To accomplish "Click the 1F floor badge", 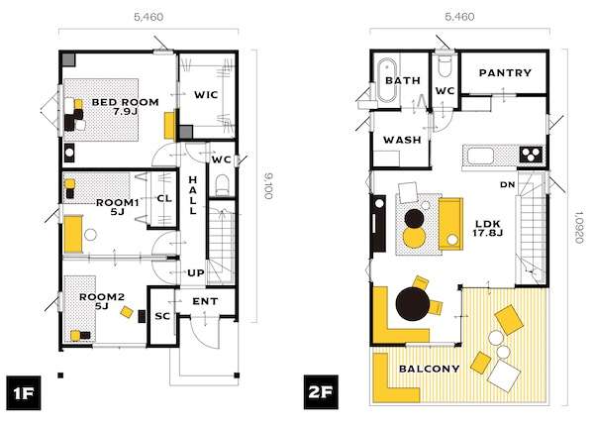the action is pos(23,392).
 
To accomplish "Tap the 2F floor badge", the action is pos(321,392).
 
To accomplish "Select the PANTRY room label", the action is pos(505,72).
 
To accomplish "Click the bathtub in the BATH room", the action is pos(387,80).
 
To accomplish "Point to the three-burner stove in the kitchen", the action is pos(531,155).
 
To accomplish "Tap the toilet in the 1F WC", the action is pos(222,184).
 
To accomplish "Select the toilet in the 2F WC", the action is pos(444,67).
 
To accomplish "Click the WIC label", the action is pos(206,94).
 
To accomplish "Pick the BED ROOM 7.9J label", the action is pos(126,107).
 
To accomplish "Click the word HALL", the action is pos(193,195).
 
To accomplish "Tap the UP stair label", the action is pos(196,272).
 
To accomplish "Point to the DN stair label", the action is pos(507,184).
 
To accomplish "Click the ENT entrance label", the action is pos(205,301).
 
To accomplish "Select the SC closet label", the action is pos(162,316).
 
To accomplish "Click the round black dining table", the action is pos(413,304).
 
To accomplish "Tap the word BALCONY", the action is pos(430,369).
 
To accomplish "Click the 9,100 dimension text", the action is pos(267,185).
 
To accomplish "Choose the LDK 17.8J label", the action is pos(487,228).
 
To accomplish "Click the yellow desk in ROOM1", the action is pos(73,234).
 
